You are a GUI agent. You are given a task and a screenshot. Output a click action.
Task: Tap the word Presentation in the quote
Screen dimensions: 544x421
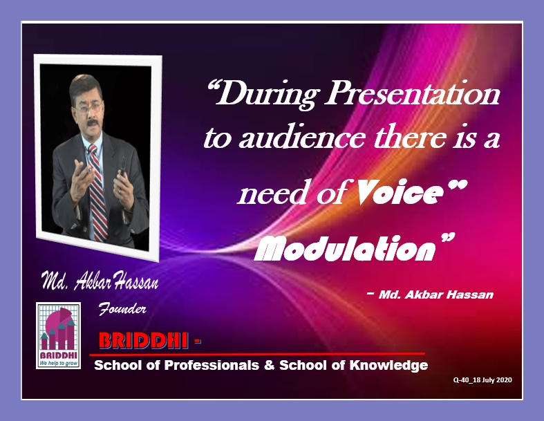412,93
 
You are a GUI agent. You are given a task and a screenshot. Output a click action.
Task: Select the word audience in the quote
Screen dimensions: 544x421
301,138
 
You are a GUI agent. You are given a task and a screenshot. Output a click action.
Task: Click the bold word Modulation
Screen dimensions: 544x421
344,249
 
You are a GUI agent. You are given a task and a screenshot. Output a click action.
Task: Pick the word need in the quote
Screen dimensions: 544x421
274,194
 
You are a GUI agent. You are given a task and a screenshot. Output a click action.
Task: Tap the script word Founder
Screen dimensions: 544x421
122,308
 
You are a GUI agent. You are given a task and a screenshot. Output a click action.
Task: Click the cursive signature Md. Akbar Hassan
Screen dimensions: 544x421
100,281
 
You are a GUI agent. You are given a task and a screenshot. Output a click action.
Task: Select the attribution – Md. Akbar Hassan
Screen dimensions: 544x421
430,294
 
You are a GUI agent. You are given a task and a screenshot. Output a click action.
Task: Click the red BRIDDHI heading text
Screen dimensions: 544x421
144,341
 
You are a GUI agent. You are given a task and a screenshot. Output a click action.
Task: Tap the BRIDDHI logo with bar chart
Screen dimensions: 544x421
58,335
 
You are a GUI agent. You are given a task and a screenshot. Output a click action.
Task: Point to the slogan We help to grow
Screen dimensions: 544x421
58,363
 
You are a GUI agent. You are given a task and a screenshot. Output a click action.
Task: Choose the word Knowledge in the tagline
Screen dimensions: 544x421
388,366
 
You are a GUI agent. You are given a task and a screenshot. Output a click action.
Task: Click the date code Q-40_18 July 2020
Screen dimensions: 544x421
482,380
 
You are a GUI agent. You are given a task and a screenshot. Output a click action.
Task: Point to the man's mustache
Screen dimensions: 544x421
92,123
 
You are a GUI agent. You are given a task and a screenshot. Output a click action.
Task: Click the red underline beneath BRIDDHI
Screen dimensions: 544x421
257,355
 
